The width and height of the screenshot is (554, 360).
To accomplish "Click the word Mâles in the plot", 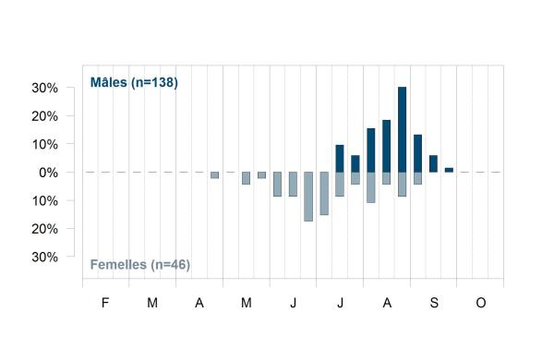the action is pyautogui.click(x=108, y=82).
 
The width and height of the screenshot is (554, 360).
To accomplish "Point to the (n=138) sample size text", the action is pyautogui.click(x=154, y=83).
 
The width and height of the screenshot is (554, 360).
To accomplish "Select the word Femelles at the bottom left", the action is pyautogui.click(x=118, y=265).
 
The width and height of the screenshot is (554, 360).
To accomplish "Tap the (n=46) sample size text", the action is pyautogui.click(x=170, y=265).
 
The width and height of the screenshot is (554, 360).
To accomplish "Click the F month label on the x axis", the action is pyautogui.click(x=105, y=303).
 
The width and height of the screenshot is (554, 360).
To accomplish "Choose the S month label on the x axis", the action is pyautogui.click(x=434, y=303).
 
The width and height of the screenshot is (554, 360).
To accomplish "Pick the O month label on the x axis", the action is pyautogui.click(x=481, y=303).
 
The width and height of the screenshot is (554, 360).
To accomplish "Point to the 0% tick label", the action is pyautogui.click(x=48, y=173).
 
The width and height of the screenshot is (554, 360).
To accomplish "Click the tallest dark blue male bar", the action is pyautogui.click(x=402, y=129).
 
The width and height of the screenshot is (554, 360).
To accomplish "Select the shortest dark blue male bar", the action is pyautogui.click(x=449, y=170).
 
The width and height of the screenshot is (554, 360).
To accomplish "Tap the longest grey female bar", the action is pyautogui.click(x=308, y=197).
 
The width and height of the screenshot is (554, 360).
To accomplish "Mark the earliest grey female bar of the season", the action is pyautogui.click(x=214, y=175).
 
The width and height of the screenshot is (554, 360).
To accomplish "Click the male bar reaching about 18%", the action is pyautogui.click(x=387, y=146).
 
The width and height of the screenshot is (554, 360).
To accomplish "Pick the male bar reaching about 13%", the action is pyautogui.click(x=417, y=153).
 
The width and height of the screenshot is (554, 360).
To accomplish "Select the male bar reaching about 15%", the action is pyautogui.click(x=371, y=150).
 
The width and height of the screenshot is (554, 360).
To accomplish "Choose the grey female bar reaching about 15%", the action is pyautogui.click(x=324, y=194).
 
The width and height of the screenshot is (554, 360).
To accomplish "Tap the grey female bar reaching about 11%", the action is pyautogui.click(x=371, y=187).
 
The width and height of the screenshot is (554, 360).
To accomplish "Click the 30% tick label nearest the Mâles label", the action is pyautogui.click(x=45, y=88).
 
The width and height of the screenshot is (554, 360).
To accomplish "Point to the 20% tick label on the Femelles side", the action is pyautogui.click(x=45, y=229).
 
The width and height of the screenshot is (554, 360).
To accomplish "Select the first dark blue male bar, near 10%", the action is pyautogui.click(x=340, y=159).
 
